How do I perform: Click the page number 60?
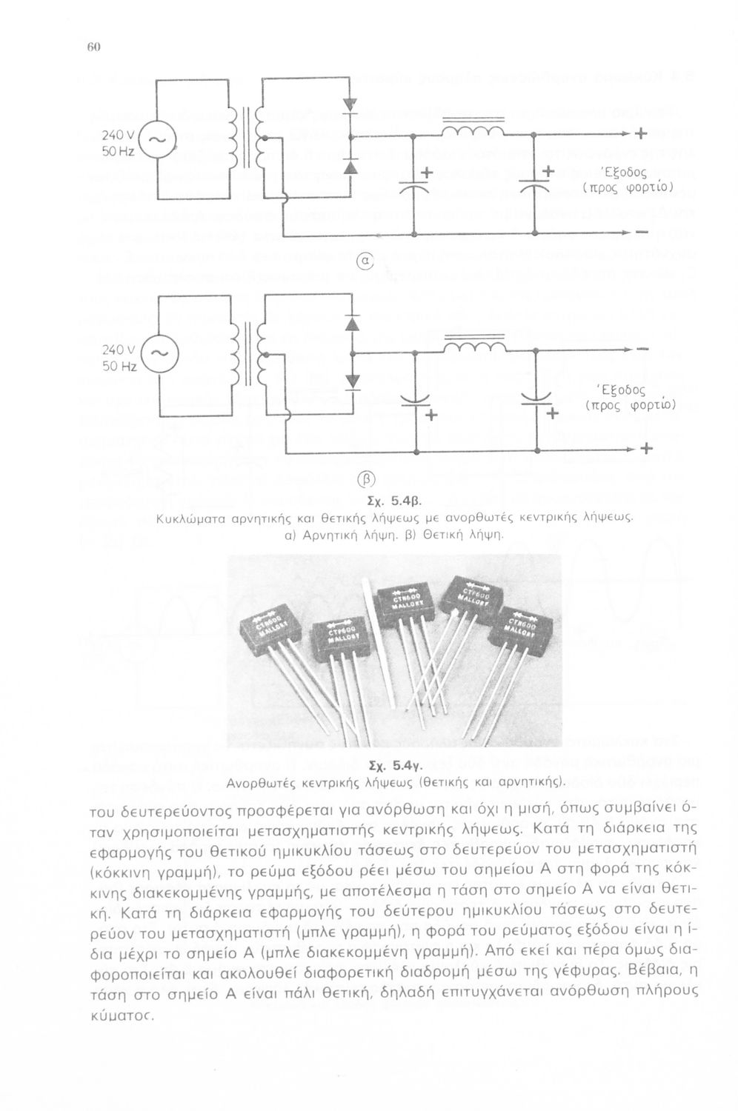click(x=94, y=47)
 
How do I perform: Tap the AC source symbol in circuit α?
click(x=158, y=139)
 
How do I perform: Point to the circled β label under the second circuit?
click(x=368, y=476)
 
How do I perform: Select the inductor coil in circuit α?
click(x=474, y=131)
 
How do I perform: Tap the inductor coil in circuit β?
click(x=474, y=346)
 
